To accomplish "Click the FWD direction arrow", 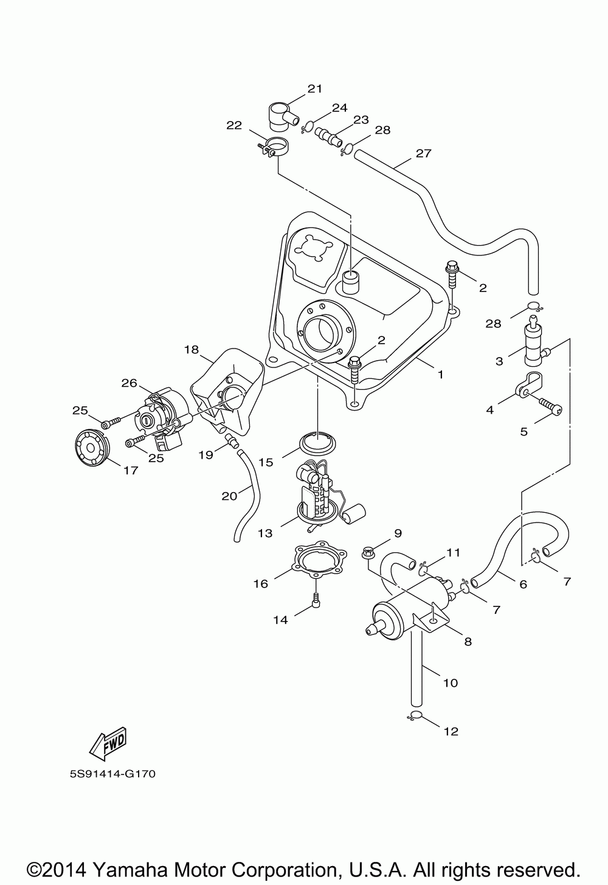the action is coord(108,743).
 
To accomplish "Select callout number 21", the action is coord(315,89).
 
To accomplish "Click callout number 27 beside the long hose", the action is coord(424,153).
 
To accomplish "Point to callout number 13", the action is coord(265,533).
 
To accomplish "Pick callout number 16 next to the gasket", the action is coord(261,583).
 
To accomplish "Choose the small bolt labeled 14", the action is coord(316,600).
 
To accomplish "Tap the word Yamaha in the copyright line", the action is coord(130,867).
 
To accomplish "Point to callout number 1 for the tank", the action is coord(440,374).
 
